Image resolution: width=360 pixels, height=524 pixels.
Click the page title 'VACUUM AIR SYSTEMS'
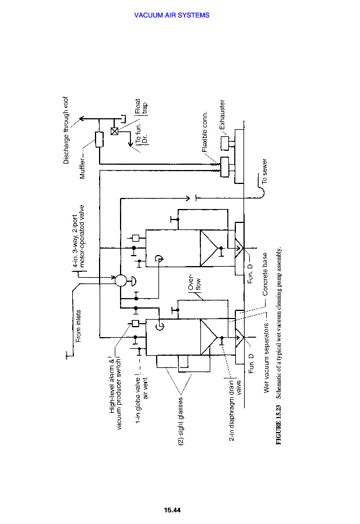click(172, 15)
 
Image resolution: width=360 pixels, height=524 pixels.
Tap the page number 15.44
click(173, 511)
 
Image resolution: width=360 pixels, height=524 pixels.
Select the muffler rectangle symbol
click(99, 140)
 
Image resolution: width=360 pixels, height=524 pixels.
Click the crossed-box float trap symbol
click(114, 131)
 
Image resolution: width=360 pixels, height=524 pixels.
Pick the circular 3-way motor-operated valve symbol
click(121, 279)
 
